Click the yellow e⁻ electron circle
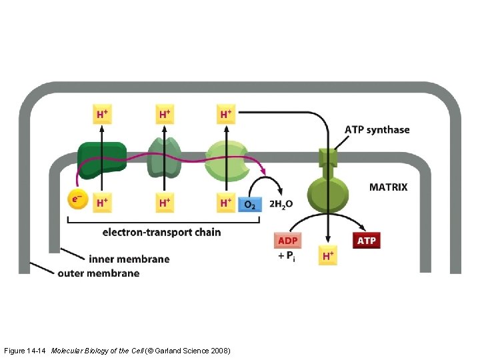(78, 199)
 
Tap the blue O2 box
(249, 203)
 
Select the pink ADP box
(287, 240)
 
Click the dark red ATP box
(366, 240)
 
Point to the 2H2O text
(280, 204)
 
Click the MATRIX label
(388, 187)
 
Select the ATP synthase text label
(377, 129)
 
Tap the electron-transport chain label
(161, 233)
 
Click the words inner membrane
(129, 259)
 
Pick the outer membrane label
(99, 273)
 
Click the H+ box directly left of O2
(227, 203)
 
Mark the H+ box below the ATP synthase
(327, 256)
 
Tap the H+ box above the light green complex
(227, 114)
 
